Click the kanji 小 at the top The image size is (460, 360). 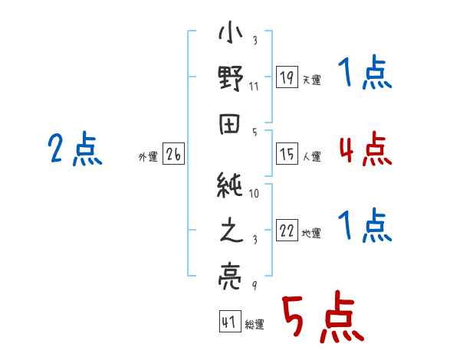coord(231,34)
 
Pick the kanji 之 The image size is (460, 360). coord(231,230)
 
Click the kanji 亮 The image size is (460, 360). coord(231,274)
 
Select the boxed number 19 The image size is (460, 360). coord(287,77)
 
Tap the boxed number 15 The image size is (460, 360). coord(287,154)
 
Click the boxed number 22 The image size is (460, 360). coord(287,231)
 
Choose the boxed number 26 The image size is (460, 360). coord(173,155)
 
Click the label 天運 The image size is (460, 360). coord(311,80)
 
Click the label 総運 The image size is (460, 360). coord(254,324)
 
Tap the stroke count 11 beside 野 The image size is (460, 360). coord(254,87)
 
